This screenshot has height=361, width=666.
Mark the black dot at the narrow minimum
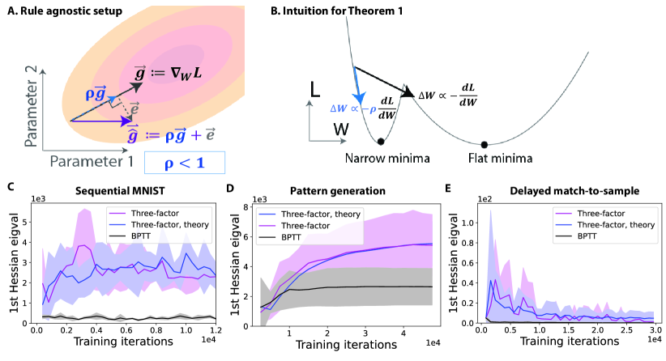(x=381, y=141)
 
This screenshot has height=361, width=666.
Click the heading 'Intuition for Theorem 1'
(x=390, y=10)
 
